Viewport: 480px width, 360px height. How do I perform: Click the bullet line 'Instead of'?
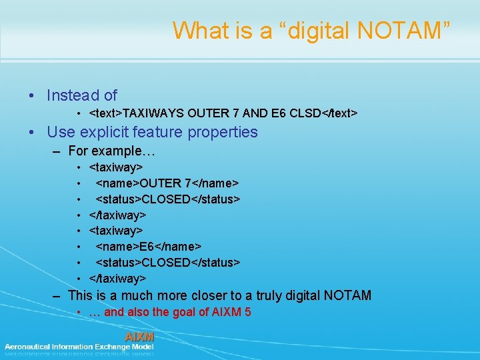tap(82, 96)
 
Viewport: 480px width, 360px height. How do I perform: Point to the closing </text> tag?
tap(339, 113)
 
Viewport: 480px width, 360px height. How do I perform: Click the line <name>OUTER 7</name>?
tap(167, 183)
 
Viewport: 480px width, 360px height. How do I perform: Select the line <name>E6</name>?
tap(149, 247)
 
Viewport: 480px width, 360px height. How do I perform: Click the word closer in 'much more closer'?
tap(209, 295)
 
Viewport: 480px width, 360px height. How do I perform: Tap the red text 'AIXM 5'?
tap(234, 312)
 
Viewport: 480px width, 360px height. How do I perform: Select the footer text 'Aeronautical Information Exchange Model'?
tap(79, 347)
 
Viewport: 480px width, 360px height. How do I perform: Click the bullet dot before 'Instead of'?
tap(32, 97)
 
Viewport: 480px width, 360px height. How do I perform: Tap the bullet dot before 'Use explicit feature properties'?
tap(32, 133)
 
